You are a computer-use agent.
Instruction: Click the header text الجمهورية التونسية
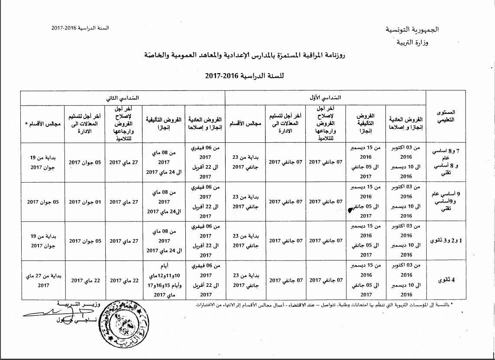[x=412, y=30]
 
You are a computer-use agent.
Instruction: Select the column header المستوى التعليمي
[x=447, y=116]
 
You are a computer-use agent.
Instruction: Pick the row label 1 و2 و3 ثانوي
[x=446, y=241]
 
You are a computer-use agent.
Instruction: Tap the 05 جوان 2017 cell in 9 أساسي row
[x=43, y=201]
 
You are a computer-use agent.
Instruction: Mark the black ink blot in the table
[x=350, y=211]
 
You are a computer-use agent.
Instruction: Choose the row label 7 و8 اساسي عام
[x=446, y=162]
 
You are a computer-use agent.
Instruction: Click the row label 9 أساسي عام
[x=446, y=201]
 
